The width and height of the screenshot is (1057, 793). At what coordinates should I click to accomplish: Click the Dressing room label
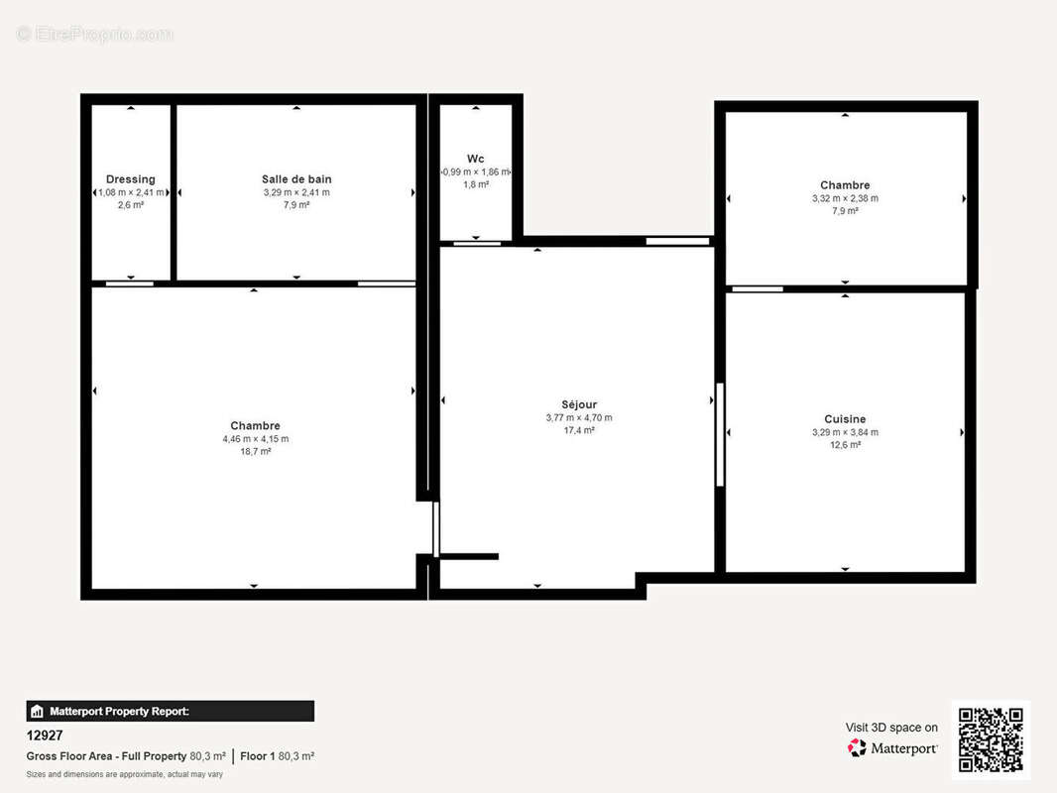pyautogui.click(x=131, y=179)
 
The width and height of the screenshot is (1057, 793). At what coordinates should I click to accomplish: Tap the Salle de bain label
pyautogui.click(x=296, y=179)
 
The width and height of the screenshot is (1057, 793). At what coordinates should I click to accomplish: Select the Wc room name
pyautogui.click(x=476, y=159)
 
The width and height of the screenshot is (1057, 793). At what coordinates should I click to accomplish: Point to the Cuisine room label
pyautogui.click(x=845, y=419)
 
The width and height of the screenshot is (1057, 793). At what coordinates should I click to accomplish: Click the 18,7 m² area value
pyautogui.click(x=255, y=451)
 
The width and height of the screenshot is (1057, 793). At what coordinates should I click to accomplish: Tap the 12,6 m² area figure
pyautogui.click(x=845, y=445)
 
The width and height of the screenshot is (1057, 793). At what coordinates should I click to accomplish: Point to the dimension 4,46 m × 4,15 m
pyautogui.click(x=255, y=438)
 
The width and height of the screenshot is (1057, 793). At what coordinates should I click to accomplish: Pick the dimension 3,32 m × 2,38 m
pyautogui.click(x=845, y=198)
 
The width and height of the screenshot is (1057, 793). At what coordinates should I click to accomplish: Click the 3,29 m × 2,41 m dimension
pyautogui.click(x=296, y=192)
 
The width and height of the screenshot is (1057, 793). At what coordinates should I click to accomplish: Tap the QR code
pyautogui.click(x=991, y=739)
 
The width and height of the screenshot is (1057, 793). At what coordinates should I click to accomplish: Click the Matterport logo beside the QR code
pyautogui.click(x=892, y=747)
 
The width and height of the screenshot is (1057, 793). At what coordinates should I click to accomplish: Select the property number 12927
pyautogui.click(x=44, y=736)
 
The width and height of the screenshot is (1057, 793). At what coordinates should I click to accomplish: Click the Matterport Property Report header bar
pyautogui.click(x=170, y=711)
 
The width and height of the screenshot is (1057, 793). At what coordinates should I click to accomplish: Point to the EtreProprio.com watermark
pyautogui.click(x=95, y=35)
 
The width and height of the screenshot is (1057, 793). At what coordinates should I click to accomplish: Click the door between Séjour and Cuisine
pyautogui.click(x=720, y=434)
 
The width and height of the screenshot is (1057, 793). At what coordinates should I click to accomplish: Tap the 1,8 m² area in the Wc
pyautogui.click(x=476, y=184)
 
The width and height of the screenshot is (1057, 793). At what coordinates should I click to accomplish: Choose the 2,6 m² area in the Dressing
pyautogui.click(x=131, y=205)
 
